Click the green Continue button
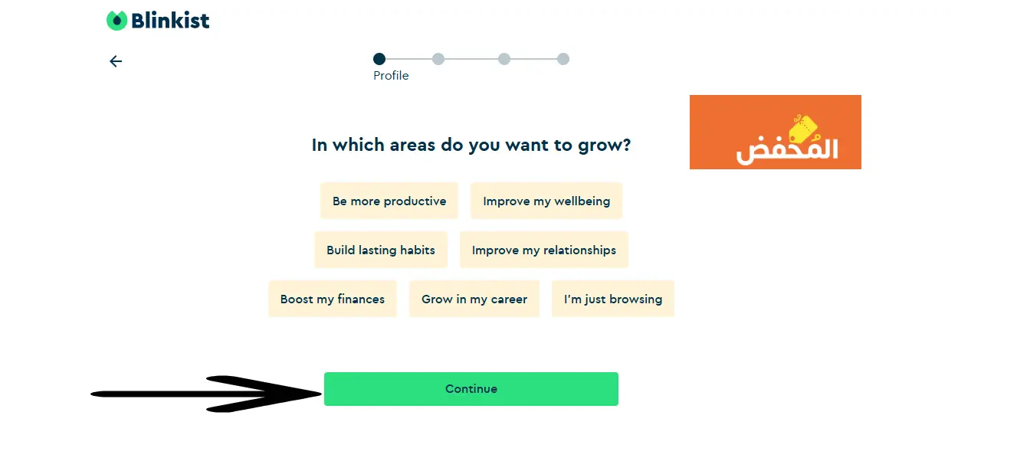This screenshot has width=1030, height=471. (x=471, y=389)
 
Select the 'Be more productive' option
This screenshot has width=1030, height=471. (x=389, y=201)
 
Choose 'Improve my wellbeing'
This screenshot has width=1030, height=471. (x=546, y=201)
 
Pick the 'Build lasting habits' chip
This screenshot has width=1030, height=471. (x=381, y=250)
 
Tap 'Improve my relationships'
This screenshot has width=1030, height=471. (x=544, y=250)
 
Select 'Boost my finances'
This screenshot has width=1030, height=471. (x=333, y=299)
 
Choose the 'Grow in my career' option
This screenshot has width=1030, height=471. (x=474, y=299)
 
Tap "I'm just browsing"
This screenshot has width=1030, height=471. (x=613, y=299)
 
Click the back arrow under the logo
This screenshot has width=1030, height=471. (x=116, y=61)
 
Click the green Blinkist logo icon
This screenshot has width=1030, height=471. (x=116, y=21)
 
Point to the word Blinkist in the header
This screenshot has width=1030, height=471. (x=170, y=21)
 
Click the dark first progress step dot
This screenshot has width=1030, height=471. (x=379, y=59)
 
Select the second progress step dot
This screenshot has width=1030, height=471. (x=438, y=59)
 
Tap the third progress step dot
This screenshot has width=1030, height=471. (x=504, y=59)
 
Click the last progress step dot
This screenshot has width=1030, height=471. (x=563, y=59)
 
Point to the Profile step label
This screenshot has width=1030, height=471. (x=391, y=75)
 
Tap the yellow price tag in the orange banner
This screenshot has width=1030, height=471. (x=803, y=129)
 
